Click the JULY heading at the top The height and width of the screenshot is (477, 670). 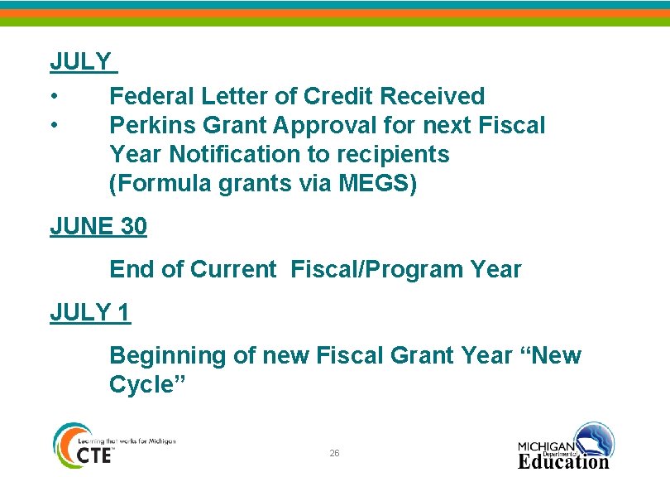click(80, 62)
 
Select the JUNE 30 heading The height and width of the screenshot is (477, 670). click(98, 227)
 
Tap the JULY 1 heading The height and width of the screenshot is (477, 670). click(90, 313)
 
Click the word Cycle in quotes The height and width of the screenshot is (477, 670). click(146, 385)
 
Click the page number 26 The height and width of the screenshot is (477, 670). click(334, 454)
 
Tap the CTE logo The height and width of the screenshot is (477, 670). click(82, 447)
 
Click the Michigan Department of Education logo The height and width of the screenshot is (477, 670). click(566, 447)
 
